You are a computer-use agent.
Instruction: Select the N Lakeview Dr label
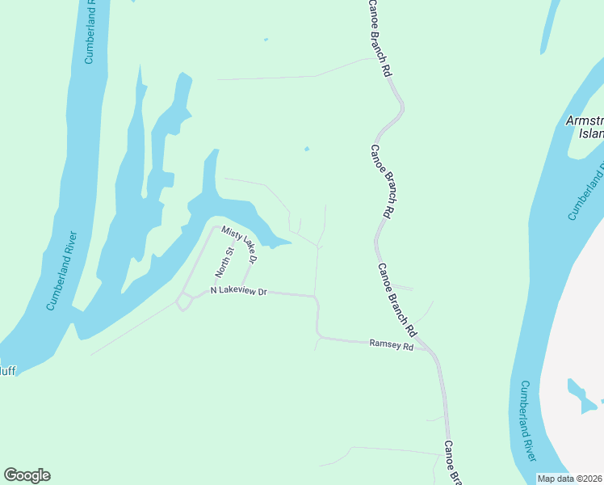pos(238,290)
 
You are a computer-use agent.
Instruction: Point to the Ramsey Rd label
pos(391,345)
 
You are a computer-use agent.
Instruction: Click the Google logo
pos(27,475)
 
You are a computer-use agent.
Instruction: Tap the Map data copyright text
pos(569,478)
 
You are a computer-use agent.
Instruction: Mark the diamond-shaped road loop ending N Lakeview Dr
pos(184,302)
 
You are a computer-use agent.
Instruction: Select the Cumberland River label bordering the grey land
pos(529,420)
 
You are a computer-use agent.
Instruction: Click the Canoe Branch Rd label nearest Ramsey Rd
pos(397,301)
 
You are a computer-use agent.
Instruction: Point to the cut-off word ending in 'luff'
pos(7,371)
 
